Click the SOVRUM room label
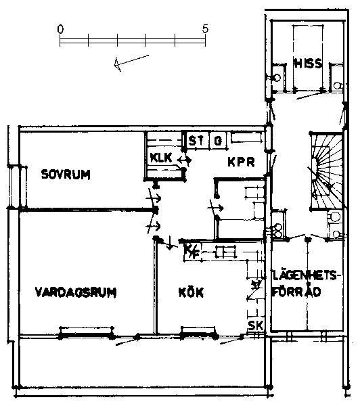[x=66, y=175]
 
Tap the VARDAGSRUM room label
[x=76, y=292]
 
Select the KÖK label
[x=191, y=292]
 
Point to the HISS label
[x=308, y=63]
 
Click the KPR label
[x=241, y=162]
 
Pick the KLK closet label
[x=161, y=158]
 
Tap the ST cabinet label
[x=196, y=141]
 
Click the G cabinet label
[x=218, y=141]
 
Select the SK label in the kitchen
[x=255, y=325]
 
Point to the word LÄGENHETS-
[x=305, y=275]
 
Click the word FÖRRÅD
[x=297, y=291]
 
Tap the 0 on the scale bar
[x=60, y=29]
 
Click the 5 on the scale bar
[x=205, y=28]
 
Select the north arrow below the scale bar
[x=131, y=62]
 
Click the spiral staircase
[x=327, y=171]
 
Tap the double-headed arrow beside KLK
[x=184, y=160]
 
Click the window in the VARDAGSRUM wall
[x=86, y=333]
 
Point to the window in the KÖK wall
[x=198, y=333]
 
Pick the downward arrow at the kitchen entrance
[x=170, y=243]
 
